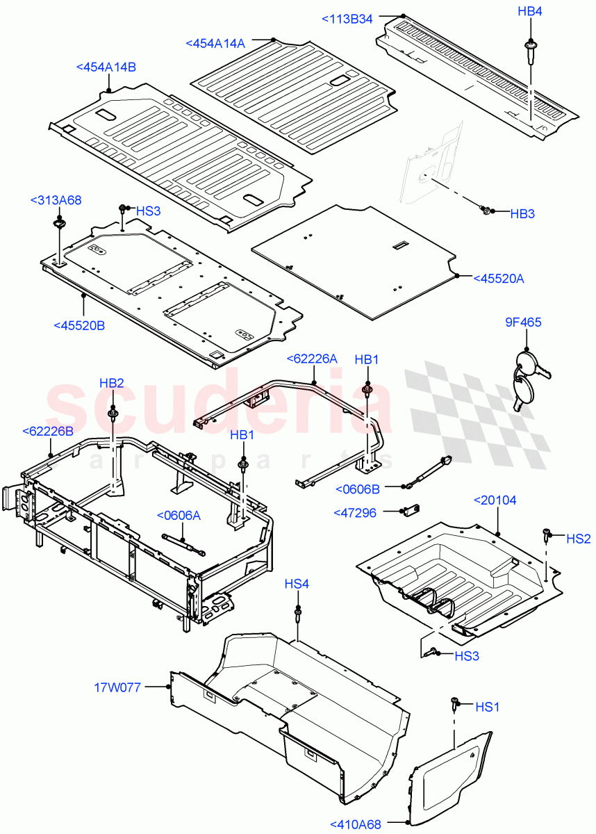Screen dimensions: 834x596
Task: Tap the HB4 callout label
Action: pos(530,11)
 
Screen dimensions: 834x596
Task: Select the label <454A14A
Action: pos(215,43)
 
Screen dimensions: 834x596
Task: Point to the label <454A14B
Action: pos(106,67)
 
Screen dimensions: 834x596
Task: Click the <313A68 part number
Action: pos(56,201)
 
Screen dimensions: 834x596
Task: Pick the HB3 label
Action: pos(522,214)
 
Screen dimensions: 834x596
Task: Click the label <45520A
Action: pos(498,279)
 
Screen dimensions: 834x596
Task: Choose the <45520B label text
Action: pos(78,325)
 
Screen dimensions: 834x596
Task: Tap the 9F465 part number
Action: pos(523,322)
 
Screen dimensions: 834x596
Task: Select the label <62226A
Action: pos(312,359)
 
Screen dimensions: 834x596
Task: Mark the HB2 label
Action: pos(111,383)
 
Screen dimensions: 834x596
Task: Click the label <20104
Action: pos(495,500)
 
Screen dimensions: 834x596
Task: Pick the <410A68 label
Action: pos(356,825)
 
